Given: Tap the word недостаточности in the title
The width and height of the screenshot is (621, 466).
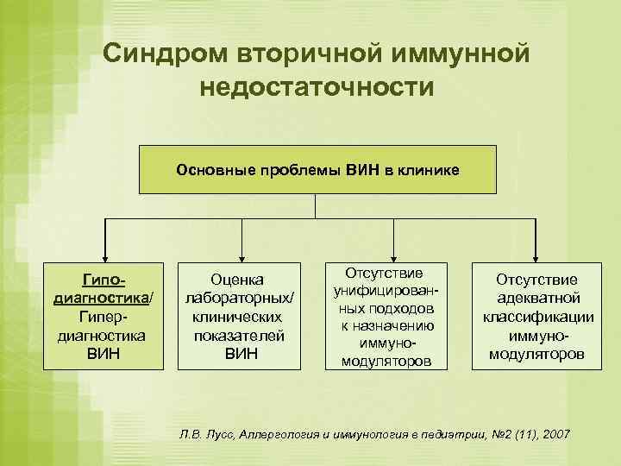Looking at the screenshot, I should pyautogui.click(x=317, y=87).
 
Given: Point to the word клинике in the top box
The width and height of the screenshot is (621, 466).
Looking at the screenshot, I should pyautogui.click(x=430, y=170).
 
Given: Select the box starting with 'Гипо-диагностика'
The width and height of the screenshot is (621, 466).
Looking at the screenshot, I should pyautogui.click(x=104, y=316).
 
